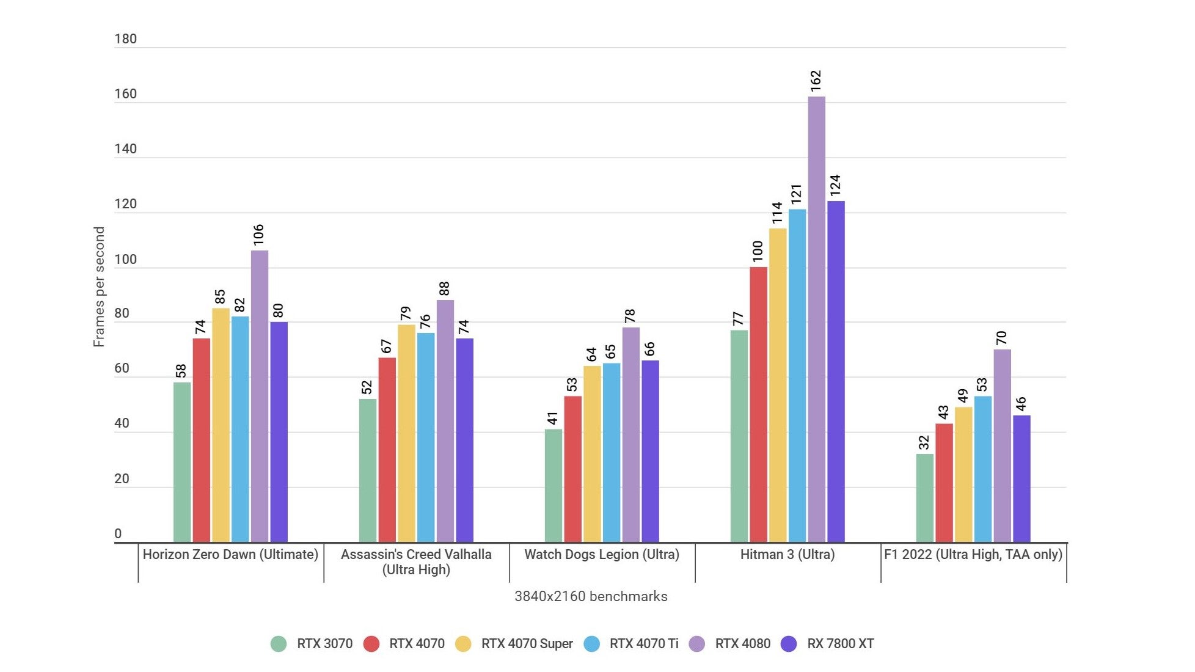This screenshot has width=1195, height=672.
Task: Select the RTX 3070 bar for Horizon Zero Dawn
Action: (x=182, y=462)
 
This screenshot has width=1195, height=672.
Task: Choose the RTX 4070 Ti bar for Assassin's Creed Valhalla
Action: (x=426, y=437)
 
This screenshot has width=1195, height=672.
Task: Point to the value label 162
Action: (x=816, y=81)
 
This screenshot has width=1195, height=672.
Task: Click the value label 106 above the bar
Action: (x=259, y=235)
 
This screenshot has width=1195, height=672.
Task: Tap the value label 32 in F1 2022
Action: (x=924, y=442)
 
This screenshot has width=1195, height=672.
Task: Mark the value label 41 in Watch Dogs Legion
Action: (x=553, y=418)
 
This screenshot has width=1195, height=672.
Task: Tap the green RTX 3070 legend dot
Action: (x=279, y=644)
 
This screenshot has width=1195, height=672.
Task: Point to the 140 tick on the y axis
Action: (x=125, y=149)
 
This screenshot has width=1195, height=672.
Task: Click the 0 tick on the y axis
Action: (x=118, y=534)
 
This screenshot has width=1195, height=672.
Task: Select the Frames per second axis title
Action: (x=99, y=287)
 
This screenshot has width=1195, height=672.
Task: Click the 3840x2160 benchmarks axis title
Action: (x=591, y=597)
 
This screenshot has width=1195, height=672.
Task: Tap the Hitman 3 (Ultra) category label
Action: (x=787, y=555)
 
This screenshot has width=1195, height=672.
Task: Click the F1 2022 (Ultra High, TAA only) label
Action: (x=973, y=555)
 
